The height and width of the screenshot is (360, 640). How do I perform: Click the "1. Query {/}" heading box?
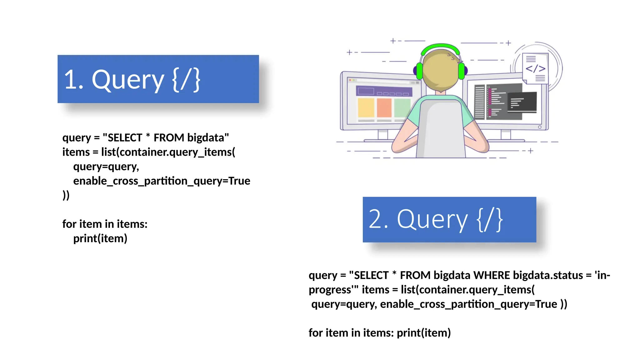158,79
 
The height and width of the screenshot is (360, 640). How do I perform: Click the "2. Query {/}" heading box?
449,219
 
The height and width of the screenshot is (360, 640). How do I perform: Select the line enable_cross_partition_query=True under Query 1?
162,181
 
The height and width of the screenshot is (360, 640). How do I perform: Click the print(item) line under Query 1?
100,238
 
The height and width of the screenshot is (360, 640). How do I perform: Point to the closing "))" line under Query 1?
66,195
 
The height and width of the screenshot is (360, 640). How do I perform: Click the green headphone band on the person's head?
440,47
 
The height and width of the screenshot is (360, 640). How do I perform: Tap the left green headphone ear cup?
419,71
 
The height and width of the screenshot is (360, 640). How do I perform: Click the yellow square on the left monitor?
366,107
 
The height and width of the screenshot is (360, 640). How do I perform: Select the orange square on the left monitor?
384,107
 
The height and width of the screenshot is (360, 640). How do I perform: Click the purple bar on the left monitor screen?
384,91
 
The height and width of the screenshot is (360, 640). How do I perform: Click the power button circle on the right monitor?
540,127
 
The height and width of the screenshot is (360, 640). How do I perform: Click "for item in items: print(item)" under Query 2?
379,333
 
